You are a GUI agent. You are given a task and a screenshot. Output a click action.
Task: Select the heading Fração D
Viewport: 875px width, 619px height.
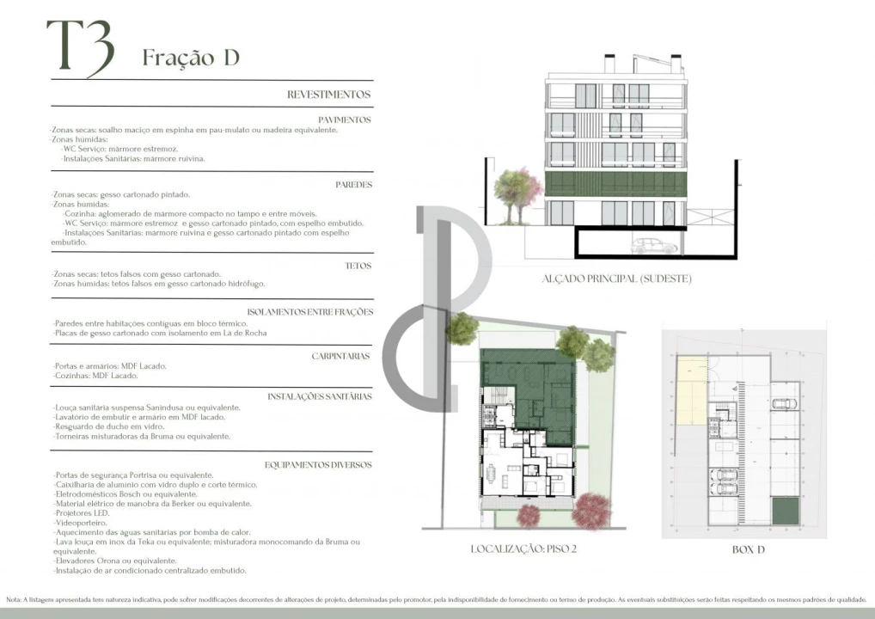[x=190, y=58]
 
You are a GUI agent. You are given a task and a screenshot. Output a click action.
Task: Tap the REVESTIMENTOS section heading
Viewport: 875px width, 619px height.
[x=328, y=95]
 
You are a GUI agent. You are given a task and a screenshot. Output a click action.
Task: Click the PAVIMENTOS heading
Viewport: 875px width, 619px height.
[x=344, y=120]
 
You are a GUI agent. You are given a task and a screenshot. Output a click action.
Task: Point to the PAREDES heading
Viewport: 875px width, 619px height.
[x=352, y=185]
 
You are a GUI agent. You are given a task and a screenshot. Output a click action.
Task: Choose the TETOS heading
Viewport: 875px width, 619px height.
[x=358, y=266]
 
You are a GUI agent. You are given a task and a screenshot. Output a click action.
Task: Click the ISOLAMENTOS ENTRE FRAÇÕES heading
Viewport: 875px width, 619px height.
[x=309, y=311]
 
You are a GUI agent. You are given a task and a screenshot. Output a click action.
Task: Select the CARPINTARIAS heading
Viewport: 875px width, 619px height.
[x=340, y=355]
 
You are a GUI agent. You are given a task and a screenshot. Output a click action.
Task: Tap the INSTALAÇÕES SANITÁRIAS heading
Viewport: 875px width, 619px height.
[x=319, y=396]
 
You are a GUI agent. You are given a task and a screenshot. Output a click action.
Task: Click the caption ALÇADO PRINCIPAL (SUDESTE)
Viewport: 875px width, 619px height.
[x=616, y=279]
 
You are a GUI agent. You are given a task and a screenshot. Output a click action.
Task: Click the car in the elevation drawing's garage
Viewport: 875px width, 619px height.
[x=654, y=247]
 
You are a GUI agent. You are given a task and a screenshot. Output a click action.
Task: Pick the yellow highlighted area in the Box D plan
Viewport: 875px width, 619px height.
[x=690, y=392]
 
